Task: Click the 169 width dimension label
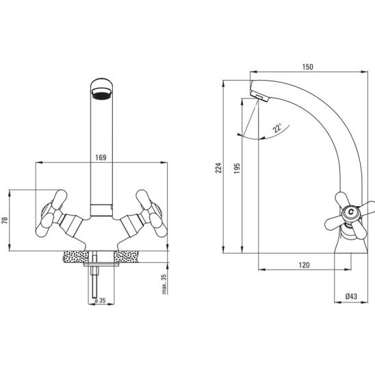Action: [x=101, y=157]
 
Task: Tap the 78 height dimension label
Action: [x=5, y=220]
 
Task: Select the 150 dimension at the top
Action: [x=307, y=67]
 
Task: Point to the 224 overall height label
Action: [x=218, y=168]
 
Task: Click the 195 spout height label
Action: [x=237, y=168]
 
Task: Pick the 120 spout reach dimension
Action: [x=304, y=265]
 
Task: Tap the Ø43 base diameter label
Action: [x=351, y=296]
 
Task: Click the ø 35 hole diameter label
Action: [x=100, y=300]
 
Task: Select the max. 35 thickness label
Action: [x=164, y=284]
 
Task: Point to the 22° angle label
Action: [x=277, y=128]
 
